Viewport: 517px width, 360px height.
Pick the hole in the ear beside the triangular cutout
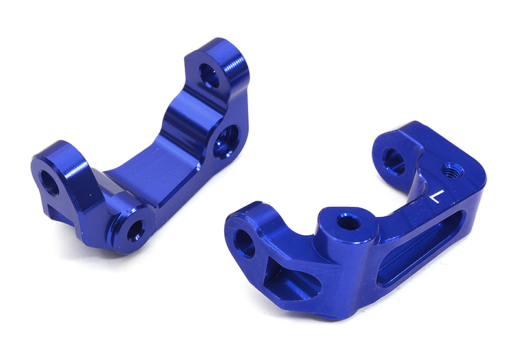[246, 242]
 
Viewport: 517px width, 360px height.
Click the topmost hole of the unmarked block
[209, 75]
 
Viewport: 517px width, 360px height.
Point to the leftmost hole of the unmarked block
[50, 182]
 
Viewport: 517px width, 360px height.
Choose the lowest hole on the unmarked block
[136, 229]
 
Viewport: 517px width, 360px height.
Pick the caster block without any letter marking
[142, 155]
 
